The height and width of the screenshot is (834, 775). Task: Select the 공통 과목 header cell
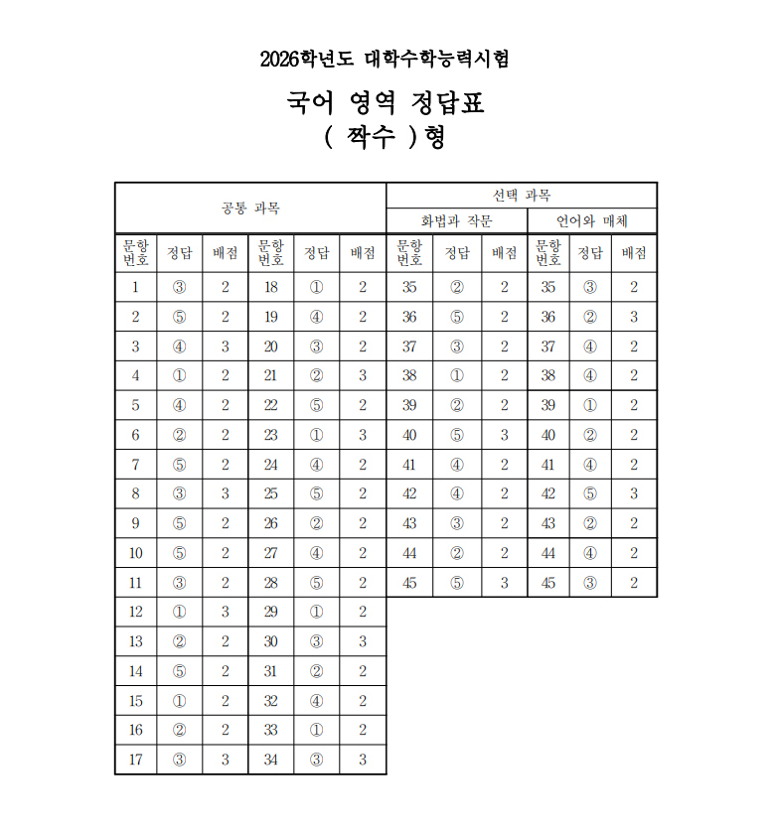coord(250,208)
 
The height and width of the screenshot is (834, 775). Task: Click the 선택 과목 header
coord(521,195)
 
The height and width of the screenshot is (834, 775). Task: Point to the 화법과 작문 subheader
coord(456,220)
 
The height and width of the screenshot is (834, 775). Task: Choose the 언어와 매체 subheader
coord(592,220)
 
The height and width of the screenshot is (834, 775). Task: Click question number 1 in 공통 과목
coord(135,287)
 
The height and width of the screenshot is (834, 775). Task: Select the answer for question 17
coord(179,760)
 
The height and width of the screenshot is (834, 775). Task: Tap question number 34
coord(270,760)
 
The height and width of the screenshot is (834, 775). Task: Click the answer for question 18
coord(316,287)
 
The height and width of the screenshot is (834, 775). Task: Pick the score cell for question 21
coord(363,375)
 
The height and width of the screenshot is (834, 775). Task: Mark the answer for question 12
coord(179,612)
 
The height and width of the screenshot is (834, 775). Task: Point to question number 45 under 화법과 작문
coord(409,583)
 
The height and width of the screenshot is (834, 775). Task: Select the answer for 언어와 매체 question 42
coord(590,493)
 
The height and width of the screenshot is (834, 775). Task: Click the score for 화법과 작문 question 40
coord(504,435)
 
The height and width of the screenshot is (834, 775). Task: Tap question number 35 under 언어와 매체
coord(547,287)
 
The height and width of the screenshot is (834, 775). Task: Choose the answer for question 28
coord(316,583)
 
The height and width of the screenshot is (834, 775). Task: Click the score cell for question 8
coord(226,493)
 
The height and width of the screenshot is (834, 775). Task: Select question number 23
coord(270,435)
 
